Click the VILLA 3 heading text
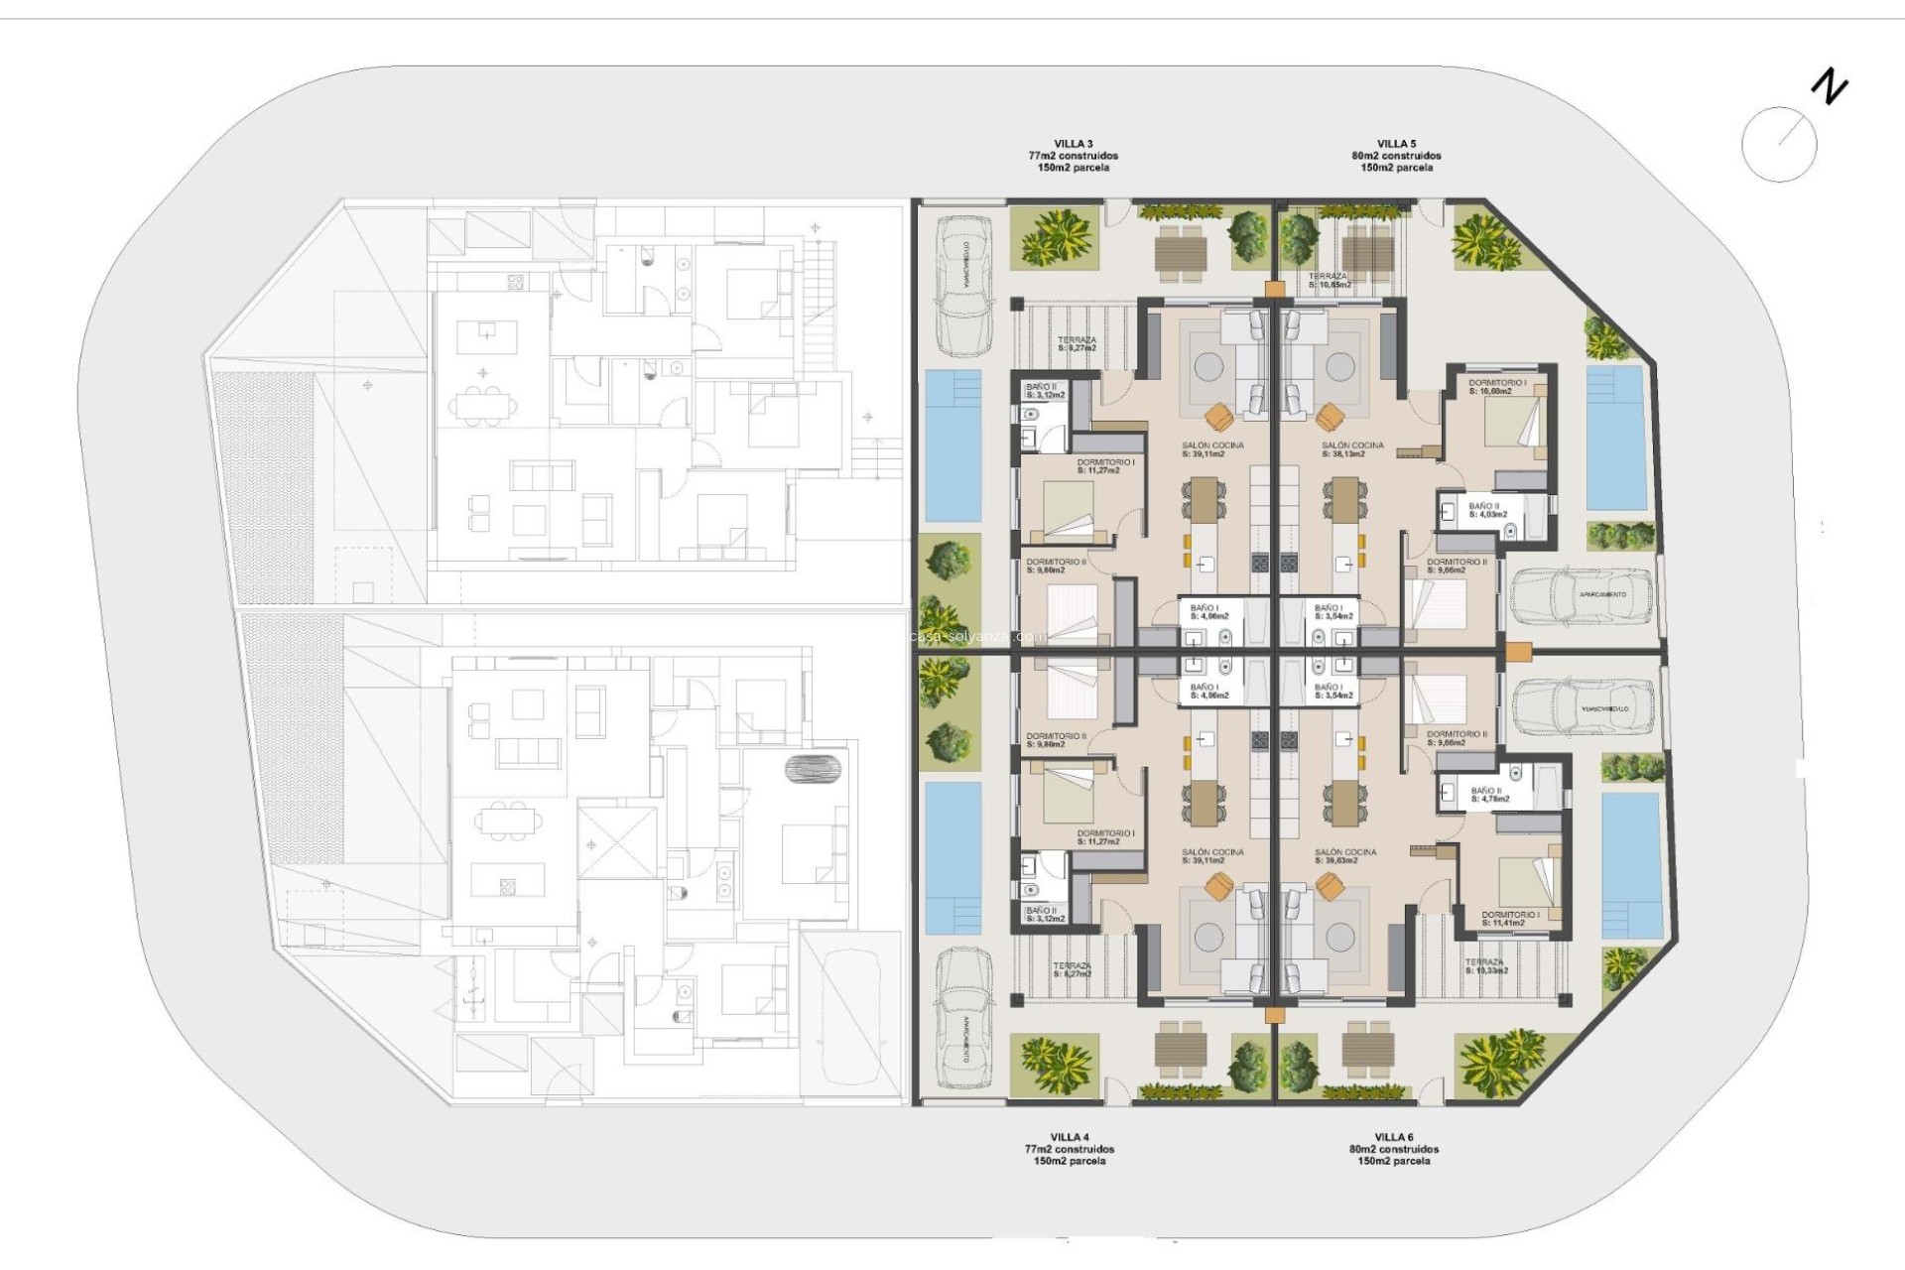tap(1073, 144)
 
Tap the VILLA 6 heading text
tap(1393, 1137)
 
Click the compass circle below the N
tap(1778, 144)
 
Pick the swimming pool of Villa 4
tap(952, 858)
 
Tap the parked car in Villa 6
tap(1583, 708)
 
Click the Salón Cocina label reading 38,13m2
tap(1352, 450)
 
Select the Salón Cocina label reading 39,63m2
tap(1345, 856)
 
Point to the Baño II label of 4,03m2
tap(1487, 510)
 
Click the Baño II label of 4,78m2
tap(1489, 795)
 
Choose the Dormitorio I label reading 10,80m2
tap(1496, 387)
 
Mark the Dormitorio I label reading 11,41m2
tap(1510, 919)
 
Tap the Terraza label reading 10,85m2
tap(1329, 281)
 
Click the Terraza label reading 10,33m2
tap(1485, 966)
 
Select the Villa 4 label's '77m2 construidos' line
tap(1069, 1149)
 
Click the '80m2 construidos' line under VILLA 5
tap(1396, 156)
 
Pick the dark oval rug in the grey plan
tap(814, 768)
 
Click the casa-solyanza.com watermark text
tap(977, 637)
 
